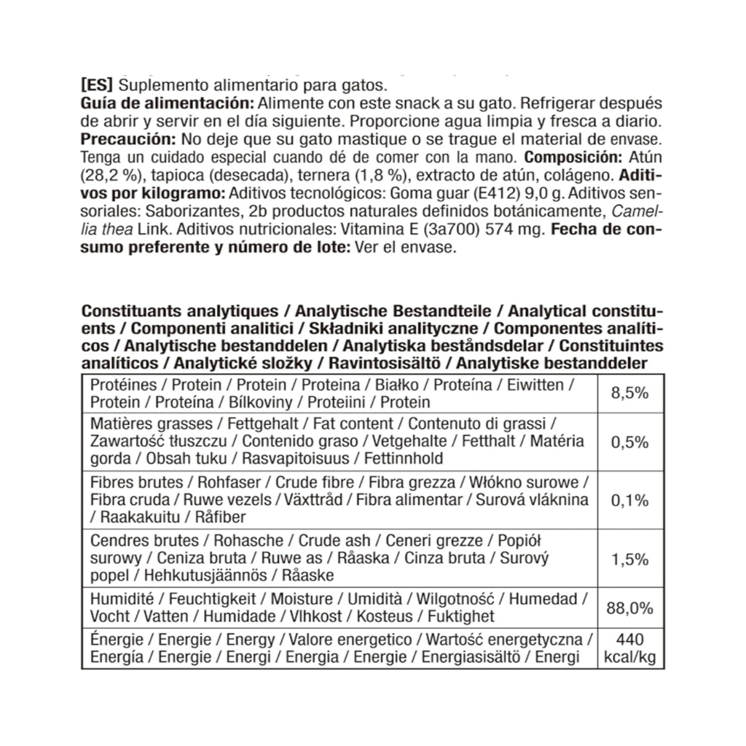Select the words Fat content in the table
click(x=351, y=423)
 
